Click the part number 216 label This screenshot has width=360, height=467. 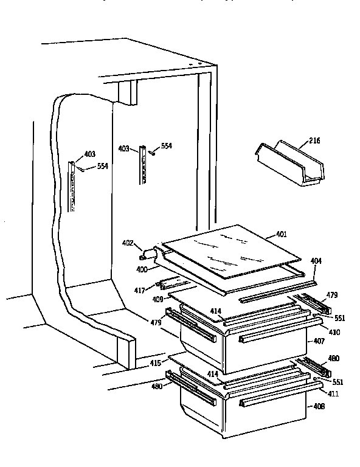314,141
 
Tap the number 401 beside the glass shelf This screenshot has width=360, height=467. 281,234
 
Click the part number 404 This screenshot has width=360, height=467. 316,261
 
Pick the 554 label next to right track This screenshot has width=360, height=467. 166,147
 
